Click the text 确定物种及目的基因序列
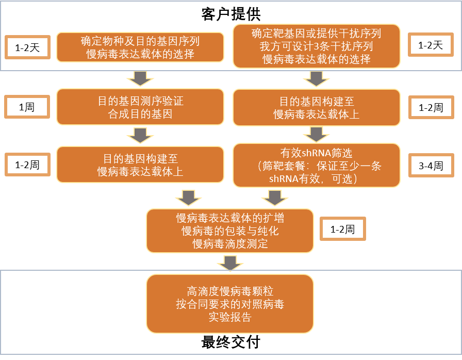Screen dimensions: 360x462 [x=140, y=41]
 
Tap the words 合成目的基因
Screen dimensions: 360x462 [x=140, y=113]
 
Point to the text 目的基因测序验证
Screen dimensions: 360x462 [x=140, y=101]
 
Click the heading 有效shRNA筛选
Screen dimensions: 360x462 [x=316, y=153]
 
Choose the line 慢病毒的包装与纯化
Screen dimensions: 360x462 [x=230, y=231]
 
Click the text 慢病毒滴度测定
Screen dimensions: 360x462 [x=230, y=244]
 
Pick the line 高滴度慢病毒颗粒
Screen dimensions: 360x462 [x=230, y=291]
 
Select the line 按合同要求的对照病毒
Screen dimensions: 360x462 [x=230, y=304]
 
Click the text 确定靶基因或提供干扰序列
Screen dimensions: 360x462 [x=316, y=34]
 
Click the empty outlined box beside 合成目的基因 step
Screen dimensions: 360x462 [x=27, y=107]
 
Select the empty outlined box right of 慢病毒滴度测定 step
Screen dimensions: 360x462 [x=343, y=228]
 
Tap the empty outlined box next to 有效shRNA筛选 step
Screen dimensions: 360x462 [x=431, y=165]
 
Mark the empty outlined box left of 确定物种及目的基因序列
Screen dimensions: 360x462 [x=27, y=47]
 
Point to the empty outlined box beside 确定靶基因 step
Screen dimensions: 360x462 [x=431, y=45]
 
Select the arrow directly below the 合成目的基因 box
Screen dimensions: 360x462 [x=140, y=135]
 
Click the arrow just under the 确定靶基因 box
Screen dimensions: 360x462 [x=316, y=78]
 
